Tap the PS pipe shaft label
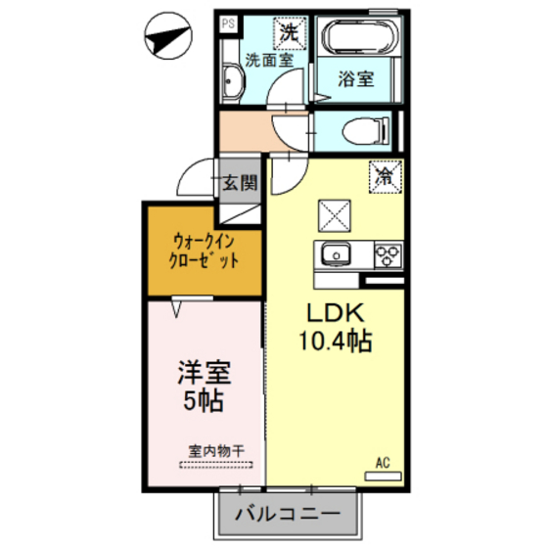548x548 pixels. (228, 23)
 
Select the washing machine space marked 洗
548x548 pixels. (290, 33)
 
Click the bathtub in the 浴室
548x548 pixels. (360, 36)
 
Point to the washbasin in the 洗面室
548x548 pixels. (232, 82)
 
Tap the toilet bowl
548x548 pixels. (366, 131)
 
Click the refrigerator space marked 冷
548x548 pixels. (386, 176)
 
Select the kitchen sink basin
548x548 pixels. (336, 254)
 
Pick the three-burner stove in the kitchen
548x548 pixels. (388, 255)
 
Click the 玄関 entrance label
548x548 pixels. (240, 182)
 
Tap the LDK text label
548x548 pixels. (335, 313)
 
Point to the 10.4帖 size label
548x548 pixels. (335, 341)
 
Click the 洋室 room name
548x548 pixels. (205, 372)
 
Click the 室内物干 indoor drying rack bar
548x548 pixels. (216, 465)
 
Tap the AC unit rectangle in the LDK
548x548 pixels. (383, 476)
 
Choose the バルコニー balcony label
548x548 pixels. (288, 514)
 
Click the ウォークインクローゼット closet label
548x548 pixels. (204, 251)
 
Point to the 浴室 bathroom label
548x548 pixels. (356, 79)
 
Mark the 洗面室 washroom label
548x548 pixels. (269, 60)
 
